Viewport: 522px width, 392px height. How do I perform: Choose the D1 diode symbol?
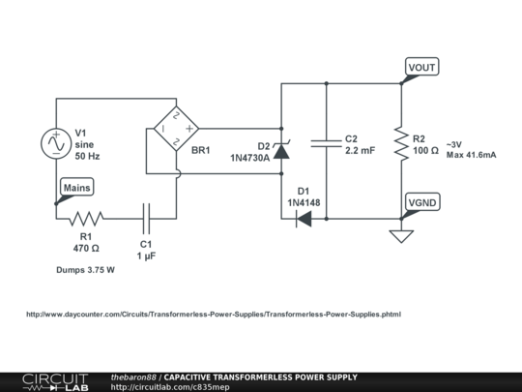point(303,218)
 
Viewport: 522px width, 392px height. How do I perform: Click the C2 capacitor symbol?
point(326,143)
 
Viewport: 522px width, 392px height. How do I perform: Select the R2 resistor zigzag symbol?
point(401,143)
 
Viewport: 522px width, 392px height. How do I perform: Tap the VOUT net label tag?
point(422,67)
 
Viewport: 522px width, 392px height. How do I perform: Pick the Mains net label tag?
point(76,187)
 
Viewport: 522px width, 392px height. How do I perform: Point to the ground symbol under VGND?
point(401,235)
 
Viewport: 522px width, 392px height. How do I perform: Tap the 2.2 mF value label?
point(360,152)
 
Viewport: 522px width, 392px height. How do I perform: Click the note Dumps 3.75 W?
point(86,271)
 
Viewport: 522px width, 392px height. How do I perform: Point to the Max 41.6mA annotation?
point(472,155)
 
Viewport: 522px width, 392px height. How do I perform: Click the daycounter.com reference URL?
point(213,315)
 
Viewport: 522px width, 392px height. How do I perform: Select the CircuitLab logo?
point(55,381)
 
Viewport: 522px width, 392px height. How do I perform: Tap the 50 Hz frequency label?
point(88,155)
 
